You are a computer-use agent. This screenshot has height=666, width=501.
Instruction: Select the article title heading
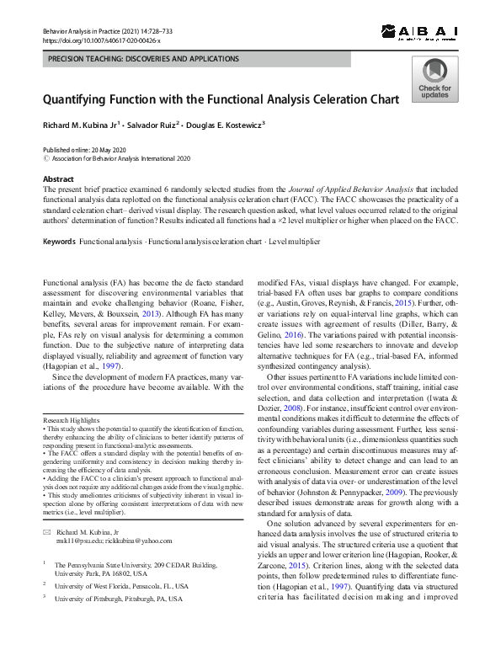coord(221,99)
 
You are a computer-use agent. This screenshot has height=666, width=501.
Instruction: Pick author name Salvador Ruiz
coord(151,125)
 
